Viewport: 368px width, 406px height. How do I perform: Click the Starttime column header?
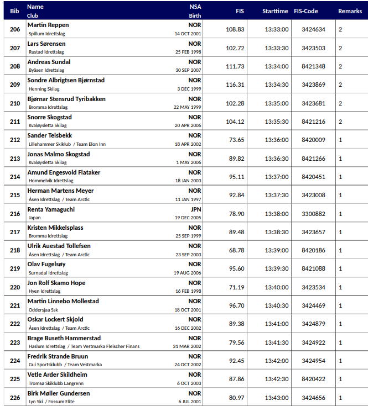point(275,11)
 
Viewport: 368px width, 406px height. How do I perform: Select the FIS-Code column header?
point(306,11)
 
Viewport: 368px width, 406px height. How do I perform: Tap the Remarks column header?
point(350,11)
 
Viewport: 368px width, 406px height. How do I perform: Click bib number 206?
point(15,29)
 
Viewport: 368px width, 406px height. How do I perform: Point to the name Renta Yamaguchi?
point(51,209)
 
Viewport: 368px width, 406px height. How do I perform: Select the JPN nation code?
point(196,209)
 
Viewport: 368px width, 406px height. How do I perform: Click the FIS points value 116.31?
point(235,85)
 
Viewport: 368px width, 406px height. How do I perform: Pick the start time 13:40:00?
point(276,287)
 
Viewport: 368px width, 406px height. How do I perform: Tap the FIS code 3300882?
point(313,214)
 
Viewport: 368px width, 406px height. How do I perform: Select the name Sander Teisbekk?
point(49,135)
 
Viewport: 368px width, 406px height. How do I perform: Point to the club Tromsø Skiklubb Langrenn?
point(56,383)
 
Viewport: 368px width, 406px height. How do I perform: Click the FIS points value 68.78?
point(237,250)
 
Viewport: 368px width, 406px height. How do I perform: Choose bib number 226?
point(15,398)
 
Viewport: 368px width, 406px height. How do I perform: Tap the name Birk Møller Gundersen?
point(59,393)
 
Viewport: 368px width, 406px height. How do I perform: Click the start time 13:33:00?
point(276,29)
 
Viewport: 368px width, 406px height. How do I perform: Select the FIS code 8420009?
point(313,140)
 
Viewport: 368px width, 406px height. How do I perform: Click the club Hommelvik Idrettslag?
point(51,181)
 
